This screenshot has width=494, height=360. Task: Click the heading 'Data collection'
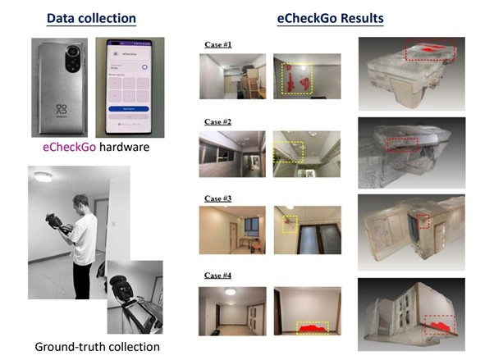click(91, 18)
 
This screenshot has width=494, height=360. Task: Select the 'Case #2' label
click(217, 121)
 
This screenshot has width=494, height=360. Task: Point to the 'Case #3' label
click(217, 198)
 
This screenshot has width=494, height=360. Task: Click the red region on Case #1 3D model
click(429, 51)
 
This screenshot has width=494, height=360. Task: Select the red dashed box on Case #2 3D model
click(402, 144)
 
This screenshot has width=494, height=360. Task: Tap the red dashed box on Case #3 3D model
click(423, 221)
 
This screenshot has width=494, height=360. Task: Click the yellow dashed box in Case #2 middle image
click(289, 151)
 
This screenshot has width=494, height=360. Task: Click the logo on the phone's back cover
click(59, 110)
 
